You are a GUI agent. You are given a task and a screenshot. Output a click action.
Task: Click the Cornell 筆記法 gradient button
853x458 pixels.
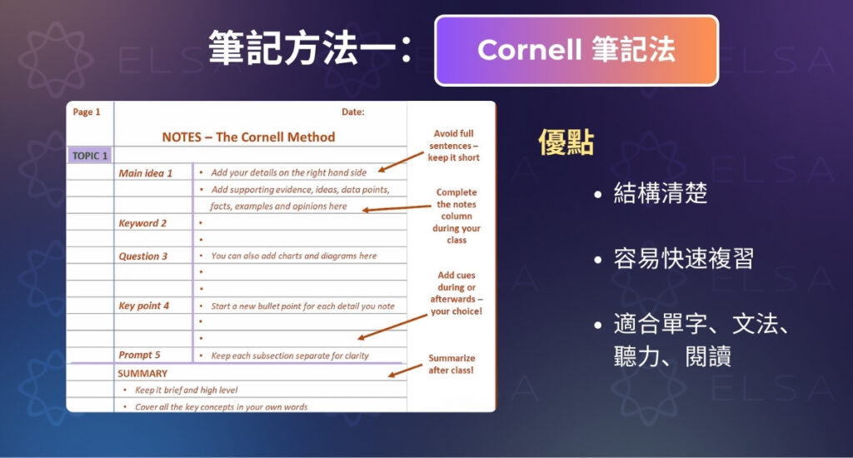576,51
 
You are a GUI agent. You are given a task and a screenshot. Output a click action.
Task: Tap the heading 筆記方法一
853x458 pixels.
310,48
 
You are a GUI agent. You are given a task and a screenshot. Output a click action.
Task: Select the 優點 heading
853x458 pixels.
566,143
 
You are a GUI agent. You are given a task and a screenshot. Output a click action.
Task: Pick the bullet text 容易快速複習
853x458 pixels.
683,259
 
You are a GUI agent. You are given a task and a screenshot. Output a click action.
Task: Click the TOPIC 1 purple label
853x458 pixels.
90,156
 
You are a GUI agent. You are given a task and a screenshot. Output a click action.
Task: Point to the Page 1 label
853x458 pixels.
87,112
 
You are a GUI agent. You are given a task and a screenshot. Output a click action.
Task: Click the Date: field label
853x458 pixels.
352,112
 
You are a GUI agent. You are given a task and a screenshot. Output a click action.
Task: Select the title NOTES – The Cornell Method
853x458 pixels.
248,137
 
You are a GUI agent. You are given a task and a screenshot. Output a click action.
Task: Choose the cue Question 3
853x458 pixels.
142,256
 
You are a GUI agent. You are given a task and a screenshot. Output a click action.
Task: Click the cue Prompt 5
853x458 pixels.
139,356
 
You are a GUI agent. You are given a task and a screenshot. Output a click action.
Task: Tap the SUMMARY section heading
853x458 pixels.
142,374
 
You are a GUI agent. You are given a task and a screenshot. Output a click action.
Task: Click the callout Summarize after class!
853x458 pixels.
451,364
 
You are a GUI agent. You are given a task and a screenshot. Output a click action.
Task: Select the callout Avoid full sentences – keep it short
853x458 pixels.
454,146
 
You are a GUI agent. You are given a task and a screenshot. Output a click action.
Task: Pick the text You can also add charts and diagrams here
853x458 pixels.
293,256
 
